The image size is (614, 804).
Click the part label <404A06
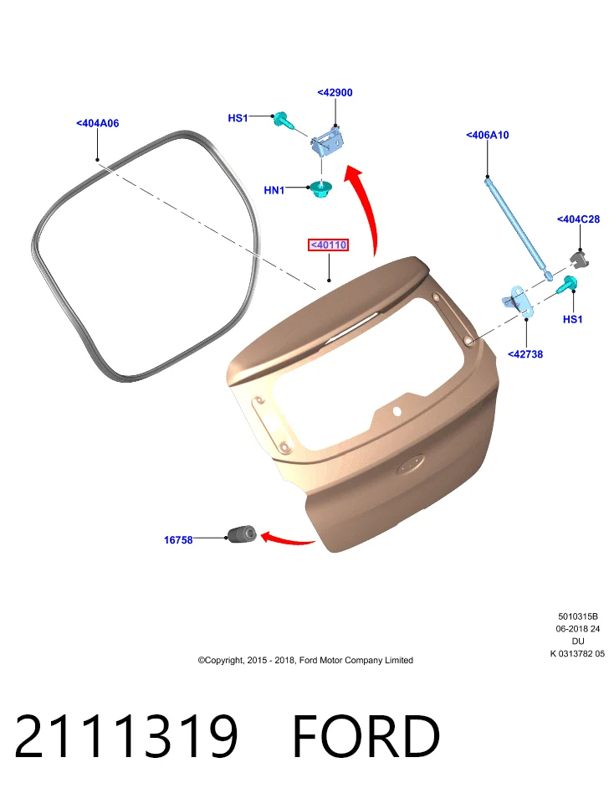click(97, 123)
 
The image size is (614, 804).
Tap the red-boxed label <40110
click(328, 245)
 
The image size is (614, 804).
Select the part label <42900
click(335, 92)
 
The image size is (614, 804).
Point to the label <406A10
click(488, 135)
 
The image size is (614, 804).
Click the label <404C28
click(578, 219)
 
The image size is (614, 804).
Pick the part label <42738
click(525, 353)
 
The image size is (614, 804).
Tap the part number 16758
click(178, 540)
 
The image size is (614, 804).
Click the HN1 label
click(274, 190)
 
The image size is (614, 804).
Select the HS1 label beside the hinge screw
click(238, 118)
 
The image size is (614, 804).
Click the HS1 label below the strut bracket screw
click(572, 319)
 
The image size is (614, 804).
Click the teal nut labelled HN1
click(321, 190)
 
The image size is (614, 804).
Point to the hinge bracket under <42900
click(327, 141)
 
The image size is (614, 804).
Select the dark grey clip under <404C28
click(579, 259)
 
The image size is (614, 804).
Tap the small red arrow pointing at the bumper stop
click(288, 539)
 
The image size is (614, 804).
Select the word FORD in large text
click(366, 736)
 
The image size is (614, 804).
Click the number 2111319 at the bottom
click(126, 736)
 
